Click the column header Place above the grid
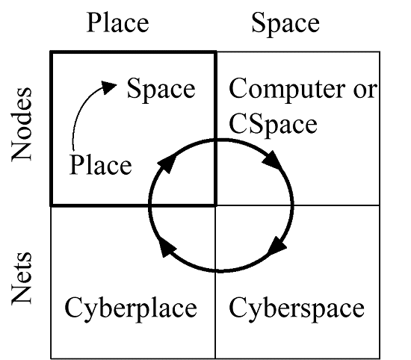118,23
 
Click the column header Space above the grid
285,24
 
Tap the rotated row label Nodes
22,124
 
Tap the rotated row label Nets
22,279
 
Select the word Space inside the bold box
161,89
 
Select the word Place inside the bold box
100,165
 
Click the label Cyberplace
131,308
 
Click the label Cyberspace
297,308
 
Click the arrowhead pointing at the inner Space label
108,87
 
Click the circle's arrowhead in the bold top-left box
167,162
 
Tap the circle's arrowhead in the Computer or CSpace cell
274,161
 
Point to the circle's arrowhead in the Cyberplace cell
167,248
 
